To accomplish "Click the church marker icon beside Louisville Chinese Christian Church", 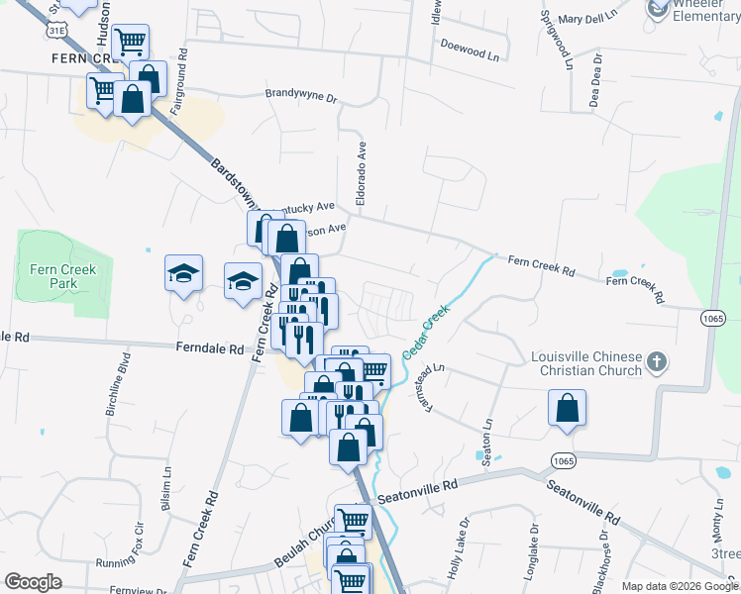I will click(x=656, y=363).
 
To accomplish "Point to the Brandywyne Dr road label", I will click(x=301, y=96).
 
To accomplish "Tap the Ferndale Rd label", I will click(x=209, y=348).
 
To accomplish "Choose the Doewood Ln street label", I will click(x=470, y=46).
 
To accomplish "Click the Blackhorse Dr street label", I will click(x=602, y=560).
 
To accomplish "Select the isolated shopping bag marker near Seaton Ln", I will click(x=567, y=408).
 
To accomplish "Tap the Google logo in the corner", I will click(x=33, y=581).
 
